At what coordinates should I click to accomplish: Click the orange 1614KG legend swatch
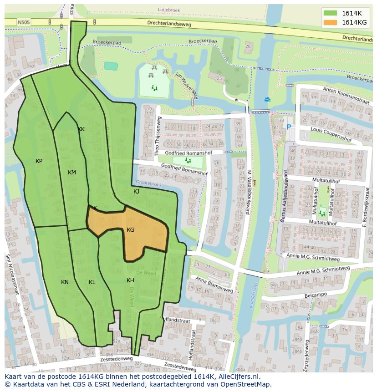click(x=331, y=22)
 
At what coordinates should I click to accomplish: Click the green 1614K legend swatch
click(x=331, y=13)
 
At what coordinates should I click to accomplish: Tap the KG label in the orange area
click(x=131, y=230)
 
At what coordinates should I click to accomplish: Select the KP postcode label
click(x=39, y=161)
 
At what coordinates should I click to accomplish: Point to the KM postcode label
click(x=72, y=173)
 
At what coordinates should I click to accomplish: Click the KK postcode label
click(x=82, y=129)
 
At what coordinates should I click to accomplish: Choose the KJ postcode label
click(x=137, y=192)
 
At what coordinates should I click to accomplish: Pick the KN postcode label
click(x=65, y=282)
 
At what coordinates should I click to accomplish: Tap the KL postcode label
click(x=92, y=282)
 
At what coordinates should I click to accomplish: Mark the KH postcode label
click(x=130, y=280)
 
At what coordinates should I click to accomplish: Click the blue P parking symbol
click(x=289, y=128)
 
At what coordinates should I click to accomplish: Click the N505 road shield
click(x=24, y=21)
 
